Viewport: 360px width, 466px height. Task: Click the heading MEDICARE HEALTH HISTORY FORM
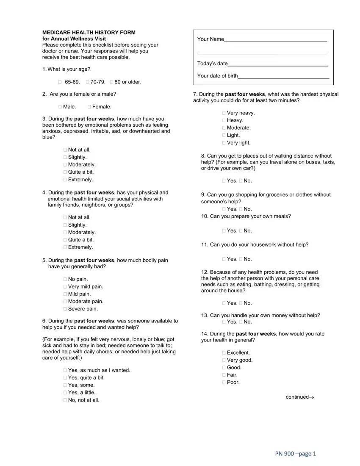coord(89,33)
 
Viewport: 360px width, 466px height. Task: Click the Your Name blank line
coord(275,39)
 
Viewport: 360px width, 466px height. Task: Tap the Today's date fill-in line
coord(277,64)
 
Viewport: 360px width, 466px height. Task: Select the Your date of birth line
coord(283,76)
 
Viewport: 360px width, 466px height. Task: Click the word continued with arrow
coord(299,397)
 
